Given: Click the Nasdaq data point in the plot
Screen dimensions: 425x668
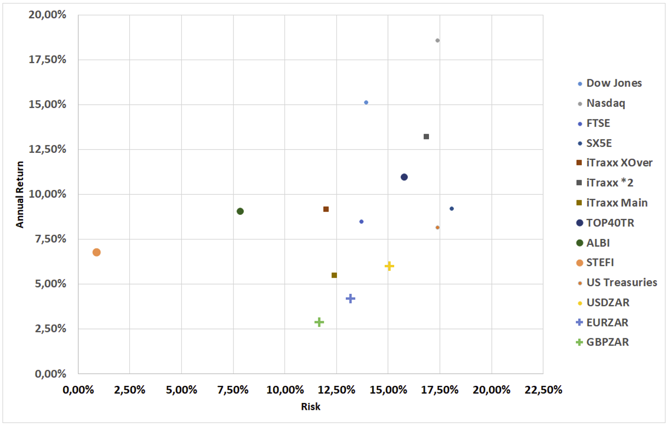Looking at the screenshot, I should pos(437,40).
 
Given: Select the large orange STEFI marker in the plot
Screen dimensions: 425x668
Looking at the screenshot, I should pos(96,252).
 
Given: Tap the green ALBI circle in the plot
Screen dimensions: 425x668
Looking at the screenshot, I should pos(240,211).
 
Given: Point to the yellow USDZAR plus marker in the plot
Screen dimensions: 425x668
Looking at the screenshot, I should pos(389,266).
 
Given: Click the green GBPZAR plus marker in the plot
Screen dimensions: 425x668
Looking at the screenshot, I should pos(319,322).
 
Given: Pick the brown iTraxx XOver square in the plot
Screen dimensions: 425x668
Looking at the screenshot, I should pos(326,209).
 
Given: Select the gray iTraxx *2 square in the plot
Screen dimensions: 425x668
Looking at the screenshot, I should pos(426,137).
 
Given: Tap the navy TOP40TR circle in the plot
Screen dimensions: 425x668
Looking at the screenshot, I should pos(404,177).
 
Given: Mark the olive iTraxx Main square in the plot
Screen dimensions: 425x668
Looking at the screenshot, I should pos(334,275).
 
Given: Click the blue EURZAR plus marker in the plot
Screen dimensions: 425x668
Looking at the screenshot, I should pos(350,298).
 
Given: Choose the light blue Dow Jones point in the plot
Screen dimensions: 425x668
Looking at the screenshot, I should pos(366,102).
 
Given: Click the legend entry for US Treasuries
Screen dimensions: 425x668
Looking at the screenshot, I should pos(621,283).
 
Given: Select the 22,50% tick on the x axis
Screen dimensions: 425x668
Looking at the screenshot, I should pos(543,390).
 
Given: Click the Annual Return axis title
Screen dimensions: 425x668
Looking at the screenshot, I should pos(20,194).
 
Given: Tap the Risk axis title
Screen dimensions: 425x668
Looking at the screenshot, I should pos(310,406).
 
